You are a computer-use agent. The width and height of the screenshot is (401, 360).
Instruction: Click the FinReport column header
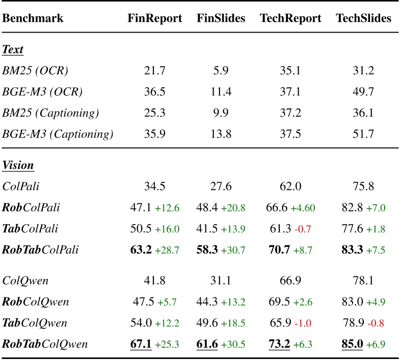(x=154, y=19)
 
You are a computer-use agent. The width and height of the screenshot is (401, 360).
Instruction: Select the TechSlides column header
(x=363, y=19)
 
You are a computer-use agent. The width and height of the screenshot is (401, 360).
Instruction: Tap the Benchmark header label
(x=33, y=19)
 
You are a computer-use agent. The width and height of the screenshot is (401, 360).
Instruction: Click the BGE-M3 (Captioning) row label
(x=58, y=134)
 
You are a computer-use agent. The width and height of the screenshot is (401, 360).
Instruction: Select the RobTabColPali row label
(x=45, y=250)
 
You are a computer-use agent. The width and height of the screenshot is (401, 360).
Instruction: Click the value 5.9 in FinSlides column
(x=221, y=71)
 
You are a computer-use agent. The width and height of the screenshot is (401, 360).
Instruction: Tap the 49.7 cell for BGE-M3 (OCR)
(x=363, y=92)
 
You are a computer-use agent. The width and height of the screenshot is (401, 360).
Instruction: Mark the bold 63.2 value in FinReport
(x=141, y=250)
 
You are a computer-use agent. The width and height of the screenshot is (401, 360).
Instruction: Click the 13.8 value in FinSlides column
(x=221, y=134)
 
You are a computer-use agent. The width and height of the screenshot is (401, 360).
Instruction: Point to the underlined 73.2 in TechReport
(x=280, y=344)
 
